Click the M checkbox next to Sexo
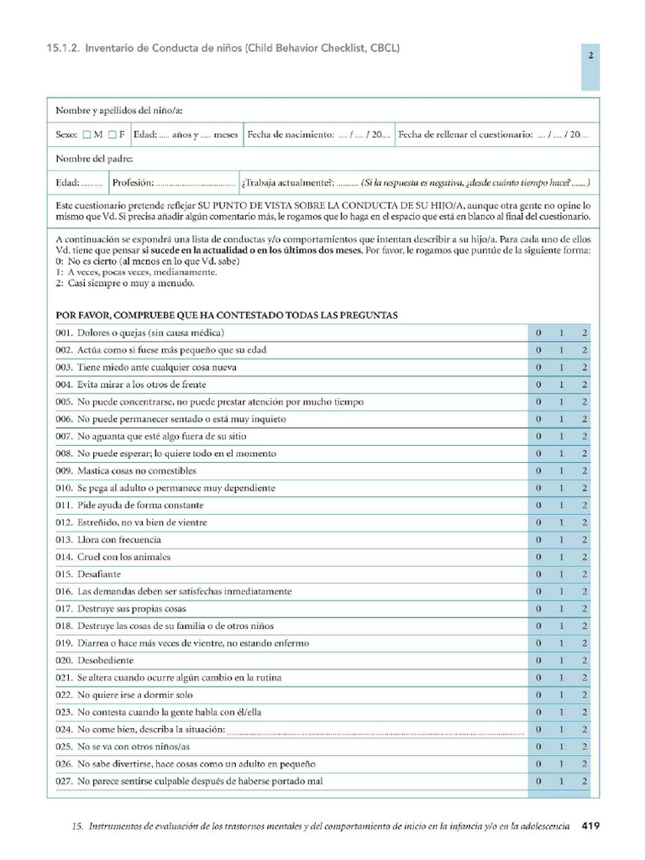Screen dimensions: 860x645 [x=87, y=134]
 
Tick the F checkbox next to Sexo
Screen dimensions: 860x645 [x=112, y=134]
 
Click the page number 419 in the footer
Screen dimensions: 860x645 [x=590, y=826]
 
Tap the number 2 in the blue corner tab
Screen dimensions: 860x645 [x=590, y=56]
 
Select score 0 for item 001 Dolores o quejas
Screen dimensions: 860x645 [x=539, y=333]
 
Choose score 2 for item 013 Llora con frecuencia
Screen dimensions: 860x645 [x=585, y=540]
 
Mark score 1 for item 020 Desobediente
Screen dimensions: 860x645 [x=562, y=660]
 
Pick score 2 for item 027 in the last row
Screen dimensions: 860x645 [x=585, y=781]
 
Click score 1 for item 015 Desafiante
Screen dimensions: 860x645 [x=562, y=574]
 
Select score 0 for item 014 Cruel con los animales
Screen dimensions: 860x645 [x=539, y=557]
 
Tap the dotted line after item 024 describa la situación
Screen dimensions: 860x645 [x=375, y=730]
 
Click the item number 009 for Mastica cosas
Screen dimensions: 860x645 [x=65, y=471]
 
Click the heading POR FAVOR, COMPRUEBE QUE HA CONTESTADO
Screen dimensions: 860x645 [x=227, y=315]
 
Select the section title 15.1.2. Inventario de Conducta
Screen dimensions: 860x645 [x=223, y=48]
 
